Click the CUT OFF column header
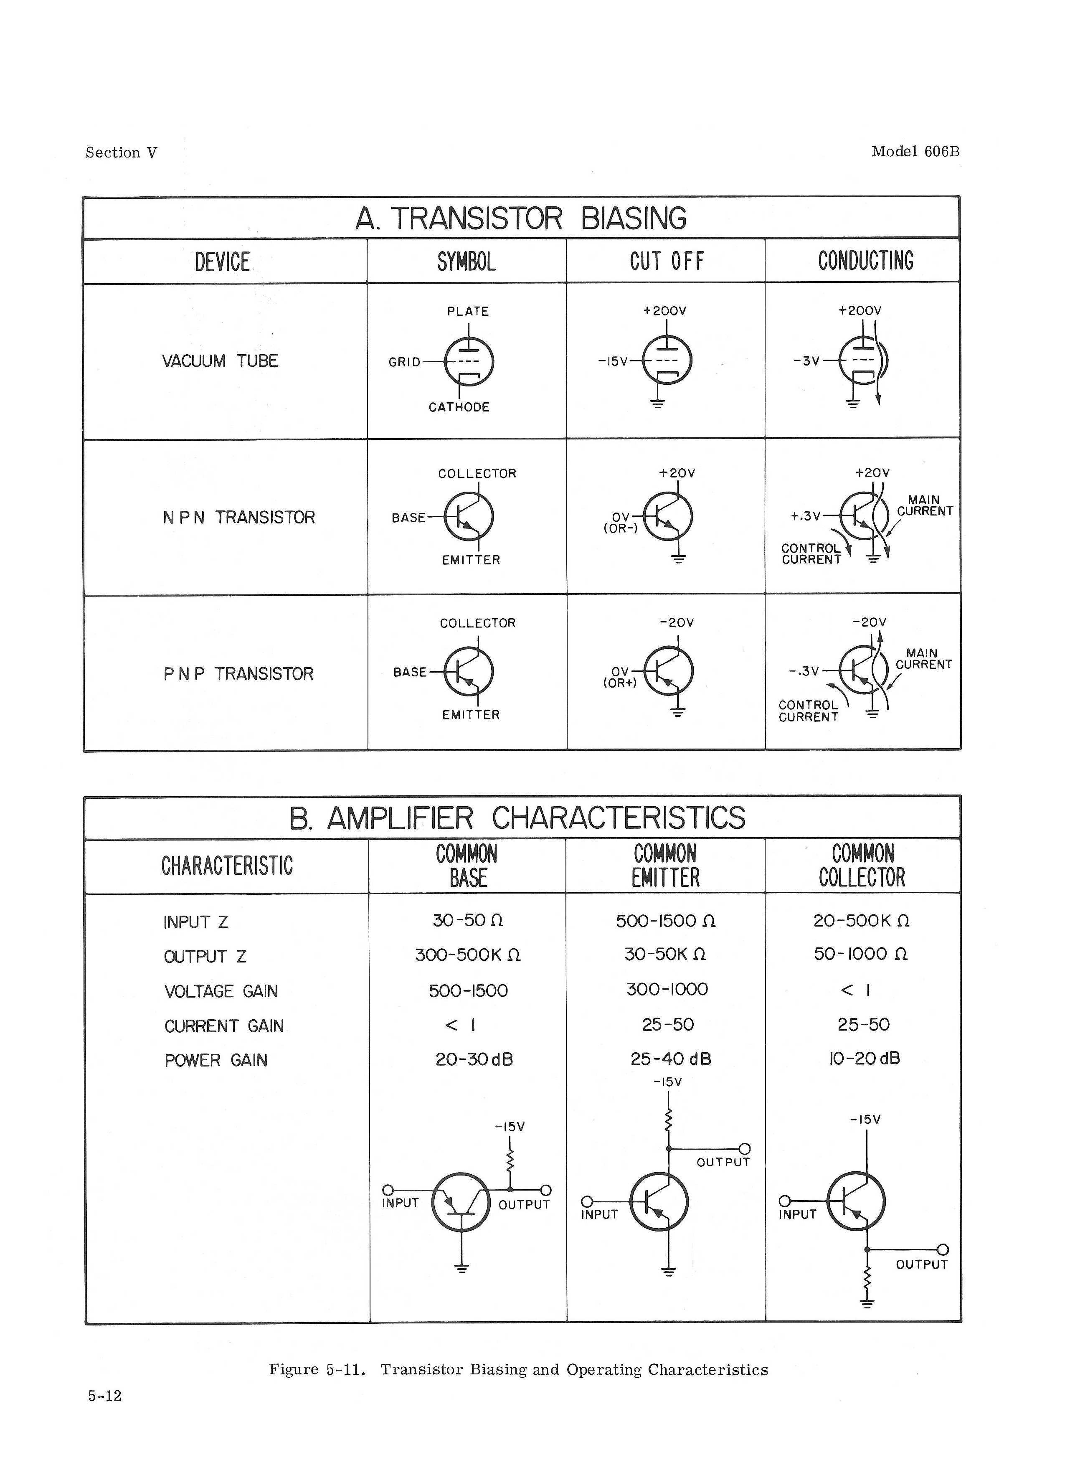(x=667, y=262)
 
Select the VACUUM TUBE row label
(x=220, y=361)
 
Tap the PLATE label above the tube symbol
(x=468, y=311)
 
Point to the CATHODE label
(x=459, y=407)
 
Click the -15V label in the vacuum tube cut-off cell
(x=612, y=361)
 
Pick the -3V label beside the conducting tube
(x=806, y=361)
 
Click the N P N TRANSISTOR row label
(x=238, y=518)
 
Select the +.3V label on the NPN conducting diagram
(x=805, y=516)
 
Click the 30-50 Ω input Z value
(x=468, y=920)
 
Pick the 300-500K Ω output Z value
(x=468, y=955)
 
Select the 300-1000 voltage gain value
(x=667, y=990)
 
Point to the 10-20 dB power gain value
(x=864, y=1059)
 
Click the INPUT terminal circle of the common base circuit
(x=388, y=1190)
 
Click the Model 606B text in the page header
(x=915, y=152)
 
